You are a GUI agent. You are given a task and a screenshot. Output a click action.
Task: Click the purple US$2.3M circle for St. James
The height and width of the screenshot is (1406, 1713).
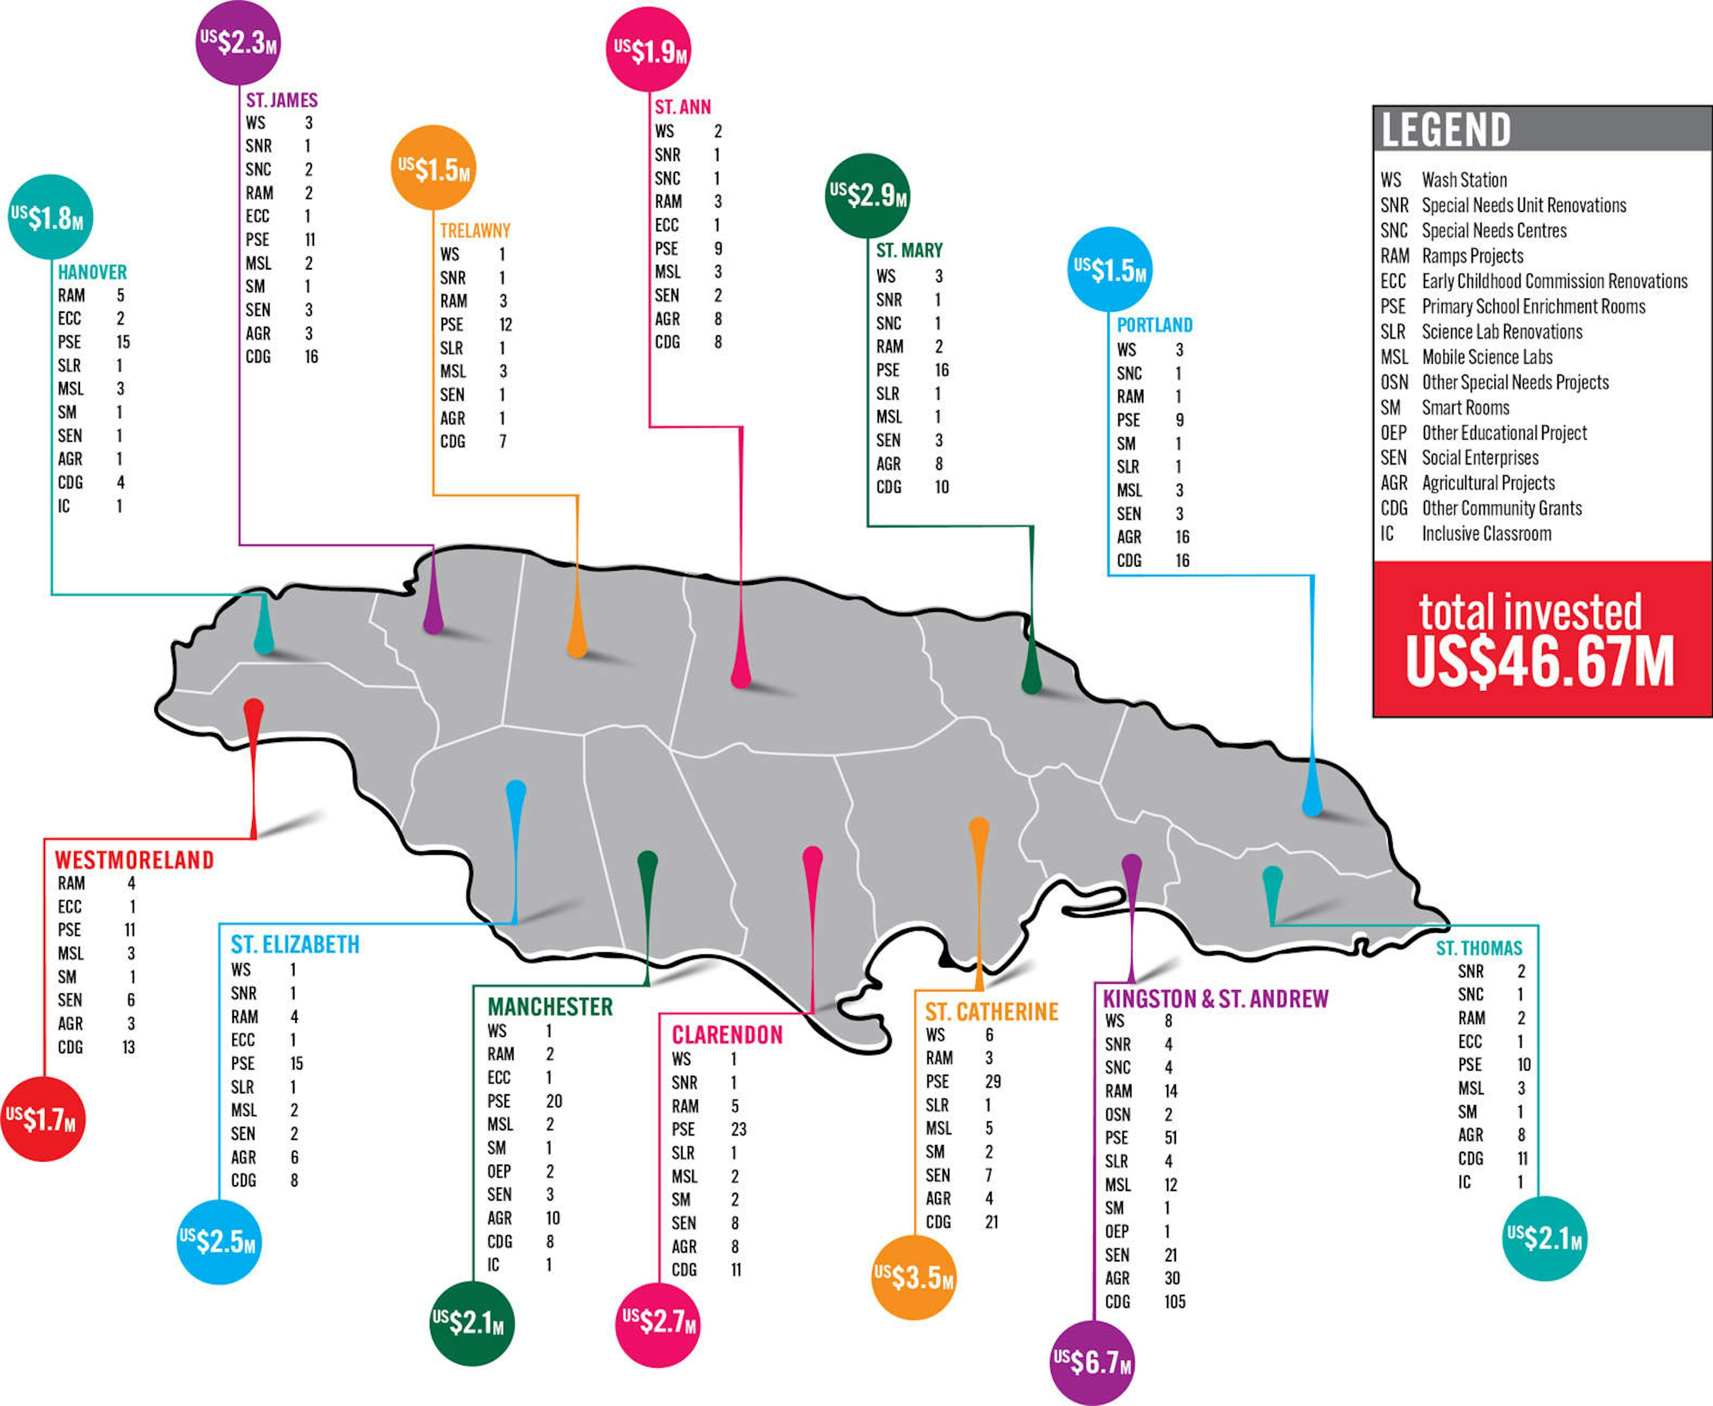(x=239, y=42)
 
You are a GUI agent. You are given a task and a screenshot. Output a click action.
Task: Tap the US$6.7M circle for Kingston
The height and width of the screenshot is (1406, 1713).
(x=1092, y=1363)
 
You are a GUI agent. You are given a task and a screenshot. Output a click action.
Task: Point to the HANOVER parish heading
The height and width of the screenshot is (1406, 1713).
(x=92, y=272)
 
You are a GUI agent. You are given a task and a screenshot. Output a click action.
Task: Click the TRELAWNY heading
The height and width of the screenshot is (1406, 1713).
(x=476, y=231)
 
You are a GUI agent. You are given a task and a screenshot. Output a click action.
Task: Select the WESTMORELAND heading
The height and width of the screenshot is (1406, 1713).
(x=134, y=860)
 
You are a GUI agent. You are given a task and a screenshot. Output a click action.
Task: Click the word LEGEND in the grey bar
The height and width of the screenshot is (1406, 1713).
(x=1446, y=130)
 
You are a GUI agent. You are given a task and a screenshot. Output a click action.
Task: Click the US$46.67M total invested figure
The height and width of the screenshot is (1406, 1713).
(x=1539, y=662)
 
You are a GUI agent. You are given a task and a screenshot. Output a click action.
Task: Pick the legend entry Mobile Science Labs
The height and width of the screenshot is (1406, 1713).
(x=1487, y=357)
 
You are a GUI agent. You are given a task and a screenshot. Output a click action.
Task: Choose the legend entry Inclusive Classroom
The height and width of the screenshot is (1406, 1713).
(x=1486, y=534)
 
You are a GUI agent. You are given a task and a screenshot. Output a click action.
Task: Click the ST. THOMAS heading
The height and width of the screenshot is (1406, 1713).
(x=1479, y=948)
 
